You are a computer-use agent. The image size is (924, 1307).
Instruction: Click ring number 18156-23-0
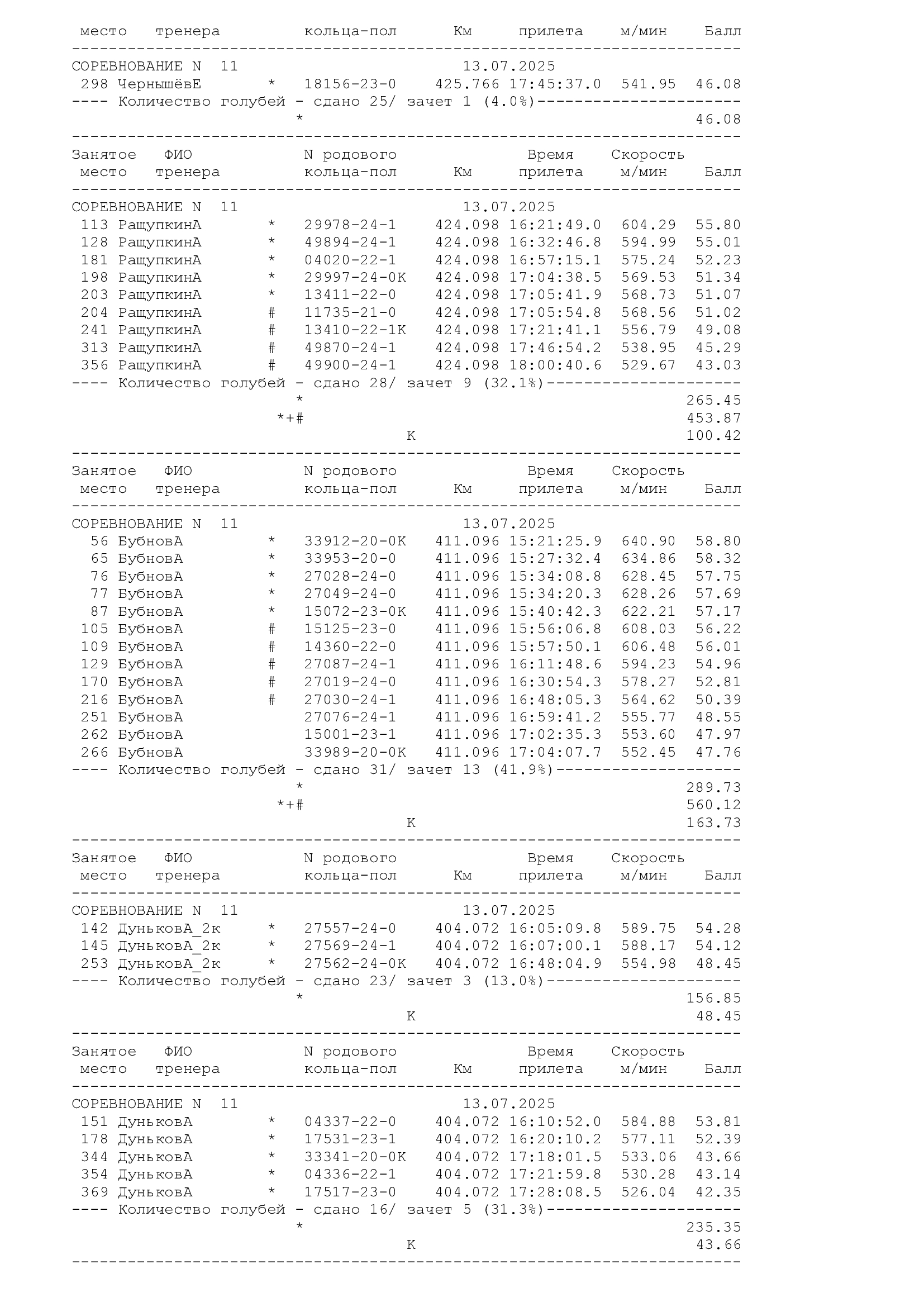(x=350, y=84)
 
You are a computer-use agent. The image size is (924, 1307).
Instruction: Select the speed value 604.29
(x=648, y=225)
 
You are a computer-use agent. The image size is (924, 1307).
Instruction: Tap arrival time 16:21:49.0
(x=555, y=225)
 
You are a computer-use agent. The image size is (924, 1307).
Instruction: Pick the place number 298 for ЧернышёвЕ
(x=94, y=84)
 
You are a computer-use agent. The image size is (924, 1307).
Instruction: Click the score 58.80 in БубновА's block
(x=718, y=541)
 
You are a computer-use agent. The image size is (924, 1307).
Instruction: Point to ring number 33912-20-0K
(x=355, y=541)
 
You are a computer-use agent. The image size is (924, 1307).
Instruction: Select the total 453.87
(x=713, y=418)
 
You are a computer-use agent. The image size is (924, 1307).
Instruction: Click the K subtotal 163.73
(x=713, y=823)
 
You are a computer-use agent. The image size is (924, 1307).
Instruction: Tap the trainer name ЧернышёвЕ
(x=159, y=84)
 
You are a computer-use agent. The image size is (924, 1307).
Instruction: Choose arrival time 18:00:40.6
(x=555, y=365)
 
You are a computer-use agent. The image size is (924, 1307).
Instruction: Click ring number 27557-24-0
(x=350, y=929)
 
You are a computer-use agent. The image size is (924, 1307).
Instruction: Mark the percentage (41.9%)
(x=522, y=769)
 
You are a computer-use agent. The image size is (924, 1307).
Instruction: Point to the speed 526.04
(x=648, y=1192)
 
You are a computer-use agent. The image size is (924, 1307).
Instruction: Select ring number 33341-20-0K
(x=355, y=1157)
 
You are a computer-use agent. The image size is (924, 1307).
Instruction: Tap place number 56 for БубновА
(x=99, y=541)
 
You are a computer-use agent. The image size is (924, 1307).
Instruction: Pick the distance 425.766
(x=467, y=84)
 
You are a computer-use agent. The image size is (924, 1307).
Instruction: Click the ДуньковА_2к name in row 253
(x=169, y=964)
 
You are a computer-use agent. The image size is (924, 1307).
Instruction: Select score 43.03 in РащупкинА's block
(x=718, y=365)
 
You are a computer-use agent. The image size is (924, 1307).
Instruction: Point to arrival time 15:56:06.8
(x=555, y=629)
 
